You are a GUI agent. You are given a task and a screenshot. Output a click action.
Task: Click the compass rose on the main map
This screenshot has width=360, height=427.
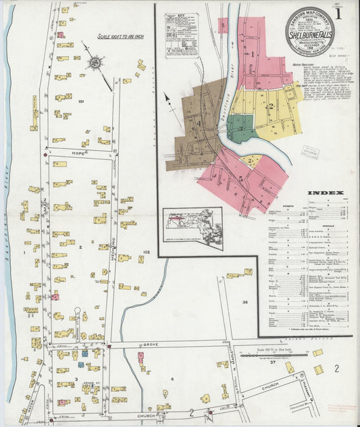pyautogui.click(x=95, y=63)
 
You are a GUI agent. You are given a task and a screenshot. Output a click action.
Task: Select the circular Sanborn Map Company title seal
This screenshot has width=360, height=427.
pyautogui.click(x=309, y=30)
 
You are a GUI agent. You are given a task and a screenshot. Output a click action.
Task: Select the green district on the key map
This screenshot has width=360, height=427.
pyautogui.click(x=239, y=126)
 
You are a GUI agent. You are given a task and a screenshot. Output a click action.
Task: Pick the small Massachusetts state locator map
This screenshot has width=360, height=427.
pyautogui.click(x=192, y=228)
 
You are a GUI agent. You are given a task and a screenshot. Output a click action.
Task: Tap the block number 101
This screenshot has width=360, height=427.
pyautogui.click(x=82, y=101)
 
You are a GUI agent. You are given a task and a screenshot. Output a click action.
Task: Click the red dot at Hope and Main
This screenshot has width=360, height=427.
pyautogui.click(x=45, y=155)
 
